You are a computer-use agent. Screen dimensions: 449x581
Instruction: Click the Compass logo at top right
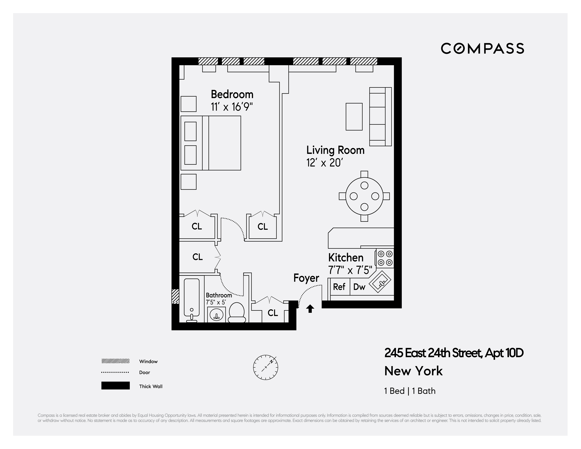click(482, 49)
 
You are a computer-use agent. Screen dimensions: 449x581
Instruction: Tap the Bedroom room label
click(232, 95)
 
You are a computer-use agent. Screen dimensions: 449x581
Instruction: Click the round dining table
click(364, 196)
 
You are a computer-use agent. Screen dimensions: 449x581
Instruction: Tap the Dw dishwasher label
click(359, 287)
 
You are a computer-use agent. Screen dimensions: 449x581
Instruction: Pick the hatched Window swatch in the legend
click(115, 361)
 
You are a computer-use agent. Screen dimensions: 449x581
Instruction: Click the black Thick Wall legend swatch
click(115, 386)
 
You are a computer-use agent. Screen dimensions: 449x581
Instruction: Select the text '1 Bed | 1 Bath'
click(410, 391)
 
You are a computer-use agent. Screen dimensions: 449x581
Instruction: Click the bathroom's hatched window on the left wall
click(175, 297)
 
